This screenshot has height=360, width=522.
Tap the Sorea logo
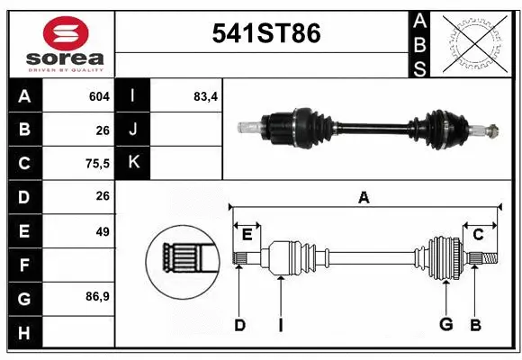point(58,41)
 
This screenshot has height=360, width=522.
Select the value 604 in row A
point(99,96)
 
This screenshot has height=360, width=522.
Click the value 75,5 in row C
point(96,163)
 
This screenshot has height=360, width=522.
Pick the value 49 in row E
point(103,230)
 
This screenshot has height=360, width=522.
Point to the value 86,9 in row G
point(97,296)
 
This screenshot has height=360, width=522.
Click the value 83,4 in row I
point(206,96)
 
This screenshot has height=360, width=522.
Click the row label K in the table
point(133,163)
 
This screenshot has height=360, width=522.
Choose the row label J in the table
point(133,130)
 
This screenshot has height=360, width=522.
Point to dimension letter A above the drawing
point(364,197)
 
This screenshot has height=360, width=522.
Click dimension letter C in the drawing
point(478,234)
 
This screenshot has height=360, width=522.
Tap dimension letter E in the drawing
point(247,234)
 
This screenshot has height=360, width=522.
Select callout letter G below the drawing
point(445,325)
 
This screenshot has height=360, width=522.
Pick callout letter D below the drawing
point(239,325)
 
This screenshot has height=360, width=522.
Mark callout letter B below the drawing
point(476,325)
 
